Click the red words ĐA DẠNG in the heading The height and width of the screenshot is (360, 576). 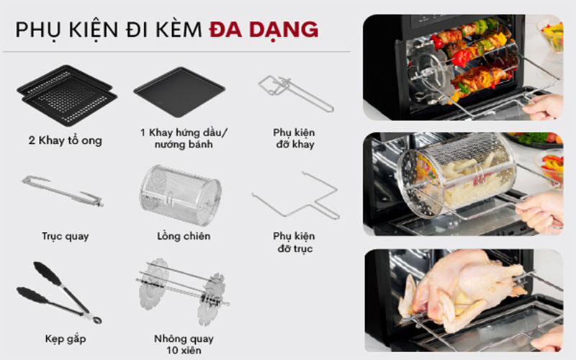click(x=264, y=29)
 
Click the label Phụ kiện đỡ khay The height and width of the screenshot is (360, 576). click(x=294, y=139)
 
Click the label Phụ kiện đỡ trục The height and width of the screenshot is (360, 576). click(x=294, y=241)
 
